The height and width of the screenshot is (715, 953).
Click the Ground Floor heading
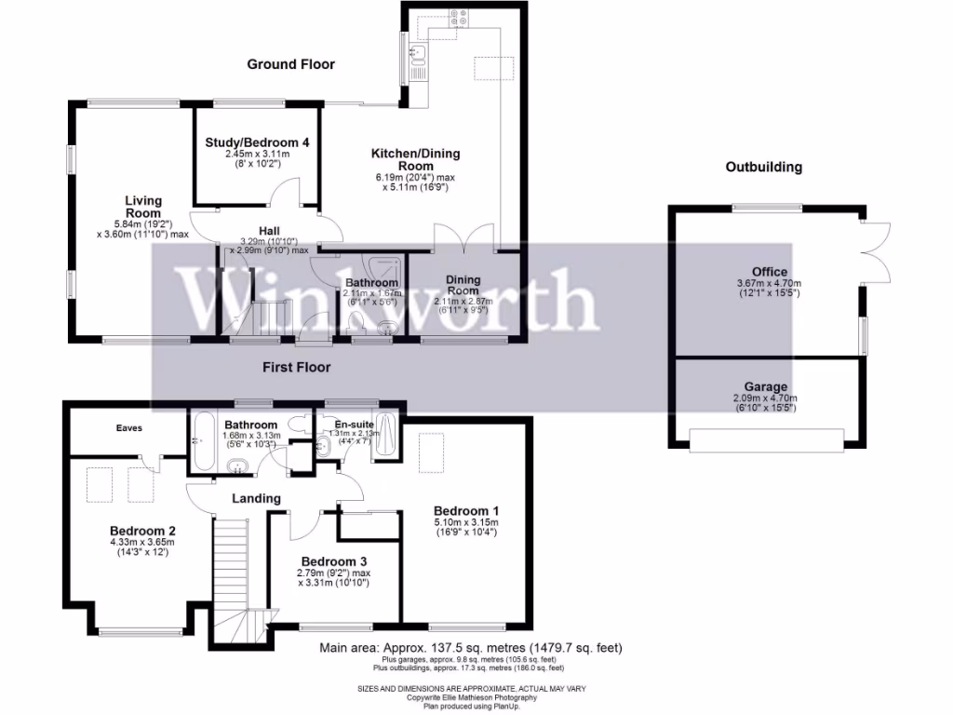pyautogui.click(x=290, y=64)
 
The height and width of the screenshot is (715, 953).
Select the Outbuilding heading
pyautogui.click(x=763, y=168)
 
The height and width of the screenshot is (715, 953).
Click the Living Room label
pyautogui.click(x=144, y=207)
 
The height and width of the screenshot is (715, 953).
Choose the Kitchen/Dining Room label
pyautogui.click(x=415, y=160)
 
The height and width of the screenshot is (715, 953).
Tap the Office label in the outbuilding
pyautogui.click(x=769, y=273)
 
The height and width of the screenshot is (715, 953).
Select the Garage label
pyautogui.click(x=766, y=386)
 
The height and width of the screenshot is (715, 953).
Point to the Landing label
pyautogui.click(x=256, y=499)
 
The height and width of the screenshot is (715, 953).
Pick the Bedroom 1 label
pyautogui.click(x=466, y=511)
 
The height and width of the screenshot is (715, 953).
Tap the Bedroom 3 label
pyautogui.click(x=334, y=561)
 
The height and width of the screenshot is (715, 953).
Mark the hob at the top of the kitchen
pyautogui.click(x=459, y=16)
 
